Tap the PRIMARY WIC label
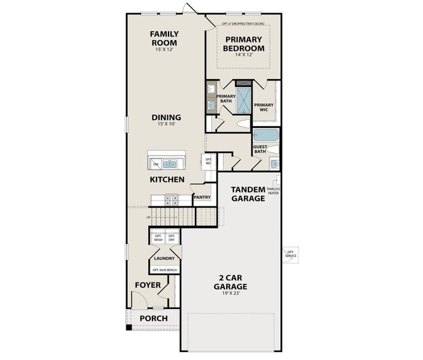(264, 107)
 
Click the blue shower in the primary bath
(244, 100)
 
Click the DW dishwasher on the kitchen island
(155, 163)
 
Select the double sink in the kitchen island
(170, 163)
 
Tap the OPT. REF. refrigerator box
(208, 161)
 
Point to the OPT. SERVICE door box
(291, 254)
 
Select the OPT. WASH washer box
(158, 238)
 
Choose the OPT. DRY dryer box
(172, 238)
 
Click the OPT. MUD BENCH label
(164, 270)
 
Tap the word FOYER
(148, 285)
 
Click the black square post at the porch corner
(128, 328)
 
